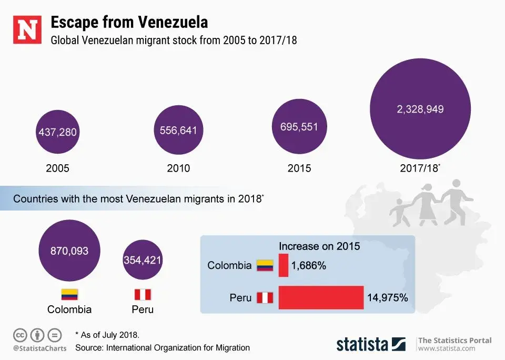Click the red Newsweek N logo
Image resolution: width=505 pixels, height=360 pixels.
[x=27, y=30]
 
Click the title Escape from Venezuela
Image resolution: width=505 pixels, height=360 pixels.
[x=128, y=22]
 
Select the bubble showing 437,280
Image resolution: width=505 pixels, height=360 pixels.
[x=57, y=132]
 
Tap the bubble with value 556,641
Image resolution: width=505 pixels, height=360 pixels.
[x=179, y=129]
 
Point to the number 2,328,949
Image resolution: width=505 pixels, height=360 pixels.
[x=420, y=109]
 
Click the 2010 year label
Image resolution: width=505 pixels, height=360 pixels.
[x=179, y=168]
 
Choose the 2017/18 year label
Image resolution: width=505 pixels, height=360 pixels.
[x=419, y=168]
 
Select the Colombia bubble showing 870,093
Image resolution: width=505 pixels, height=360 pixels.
[x=69, y=251]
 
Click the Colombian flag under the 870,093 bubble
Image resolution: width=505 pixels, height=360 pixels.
[x=69, y=294]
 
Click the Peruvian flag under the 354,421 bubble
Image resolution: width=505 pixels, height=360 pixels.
[x=143, y=294]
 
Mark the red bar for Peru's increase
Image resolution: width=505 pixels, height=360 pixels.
[x=321, y=297]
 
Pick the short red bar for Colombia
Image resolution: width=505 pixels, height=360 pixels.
[x=284, y=265]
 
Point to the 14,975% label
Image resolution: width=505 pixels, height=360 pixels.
[x=387, y=297]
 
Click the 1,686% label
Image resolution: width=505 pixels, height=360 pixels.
[x=308, y=266]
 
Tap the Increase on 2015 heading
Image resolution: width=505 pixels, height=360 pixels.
[x=319, y=246]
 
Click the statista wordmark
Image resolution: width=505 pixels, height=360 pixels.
[x=362, y=344]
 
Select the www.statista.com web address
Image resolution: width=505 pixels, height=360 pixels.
[x=447, y=348]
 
